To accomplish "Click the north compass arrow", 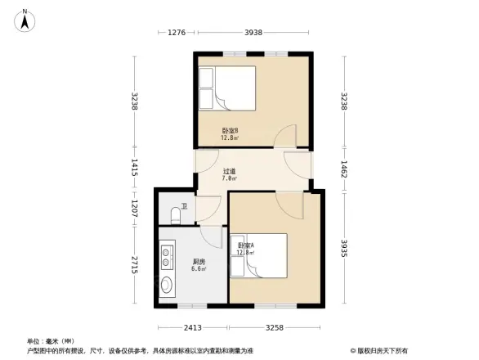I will point(25,20).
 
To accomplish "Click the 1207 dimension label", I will point(134,209).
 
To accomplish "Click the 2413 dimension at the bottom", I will point(193,327).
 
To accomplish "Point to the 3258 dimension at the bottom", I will point(275,327).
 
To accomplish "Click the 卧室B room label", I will point(230,134).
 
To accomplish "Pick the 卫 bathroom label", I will point(184,206).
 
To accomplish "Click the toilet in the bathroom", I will point(172,214).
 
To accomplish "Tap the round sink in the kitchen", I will point(168,286).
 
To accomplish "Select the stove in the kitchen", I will point(167,256).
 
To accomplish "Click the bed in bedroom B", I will point(228,88).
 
